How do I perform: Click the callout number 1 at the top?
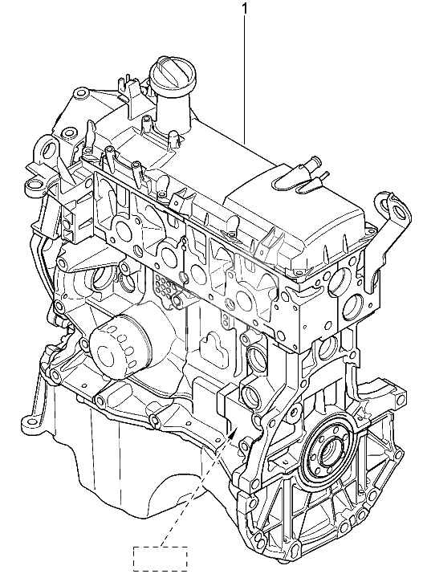coord(244,8)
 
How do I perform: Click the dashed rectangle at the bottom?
coord(161,558)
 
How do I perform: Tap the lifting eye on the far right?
coord(394,209)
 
